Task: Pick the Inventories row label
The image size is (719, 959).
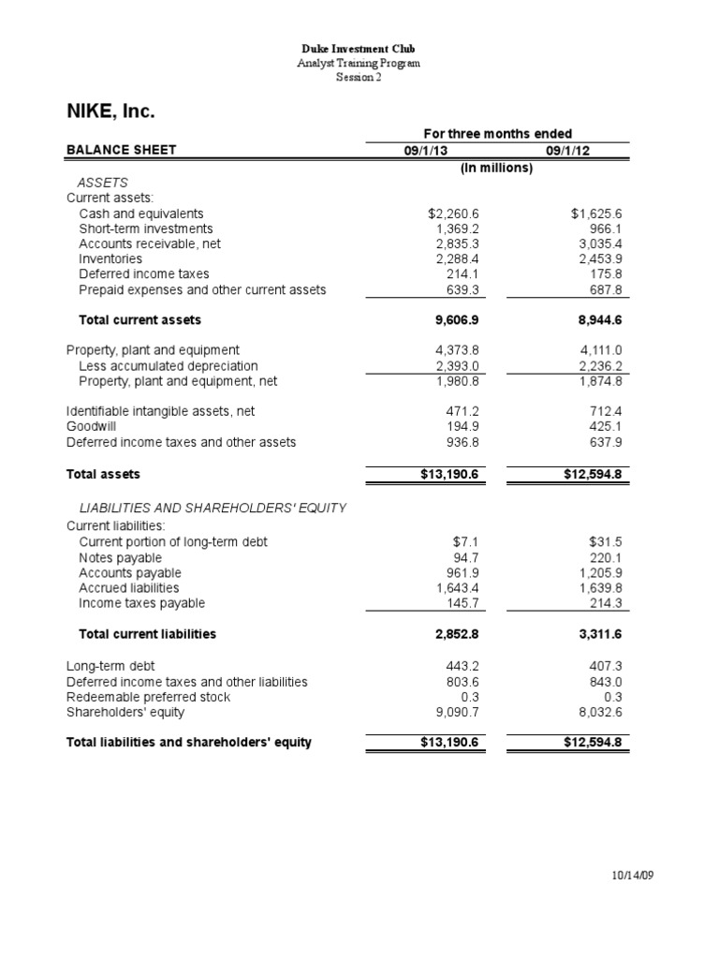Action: (x=110, y=258)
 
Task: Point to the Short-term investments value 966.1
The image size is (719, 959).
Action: (x=604, y=229)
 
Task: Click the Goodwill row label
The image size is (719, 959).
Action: (x=92, y=426)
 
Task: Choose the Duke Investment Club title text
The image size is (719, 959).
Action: (x=359, y=48)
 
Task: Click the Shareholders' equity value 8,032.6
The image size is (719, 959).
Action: (x=600, y=712)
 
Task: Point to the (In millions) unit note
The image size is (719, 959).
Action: (x=496, y=168)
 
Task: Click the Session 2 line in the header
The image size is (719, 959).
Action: (x=359, y=77)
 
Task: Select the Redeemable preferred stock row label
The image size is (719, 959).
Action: (x=148, y=697)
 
